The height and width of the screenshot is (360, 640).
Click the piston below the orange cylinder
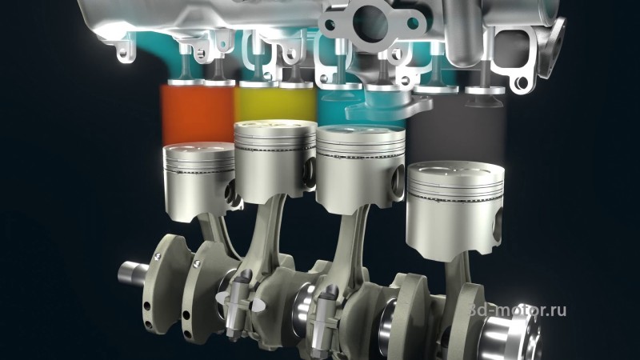point(198,182)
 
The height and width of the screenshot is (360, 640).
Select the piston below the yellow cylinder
point(275,162)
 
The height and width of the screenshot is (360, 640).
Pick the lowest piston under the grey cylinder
point(455,210)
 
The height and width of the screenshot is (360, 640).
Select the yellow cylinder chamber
point(275,104)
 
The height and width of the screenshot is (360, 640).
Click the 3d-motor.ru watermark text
point(518,310)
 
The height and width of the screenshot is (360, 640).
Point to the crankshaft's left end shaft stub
point(133,274)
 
